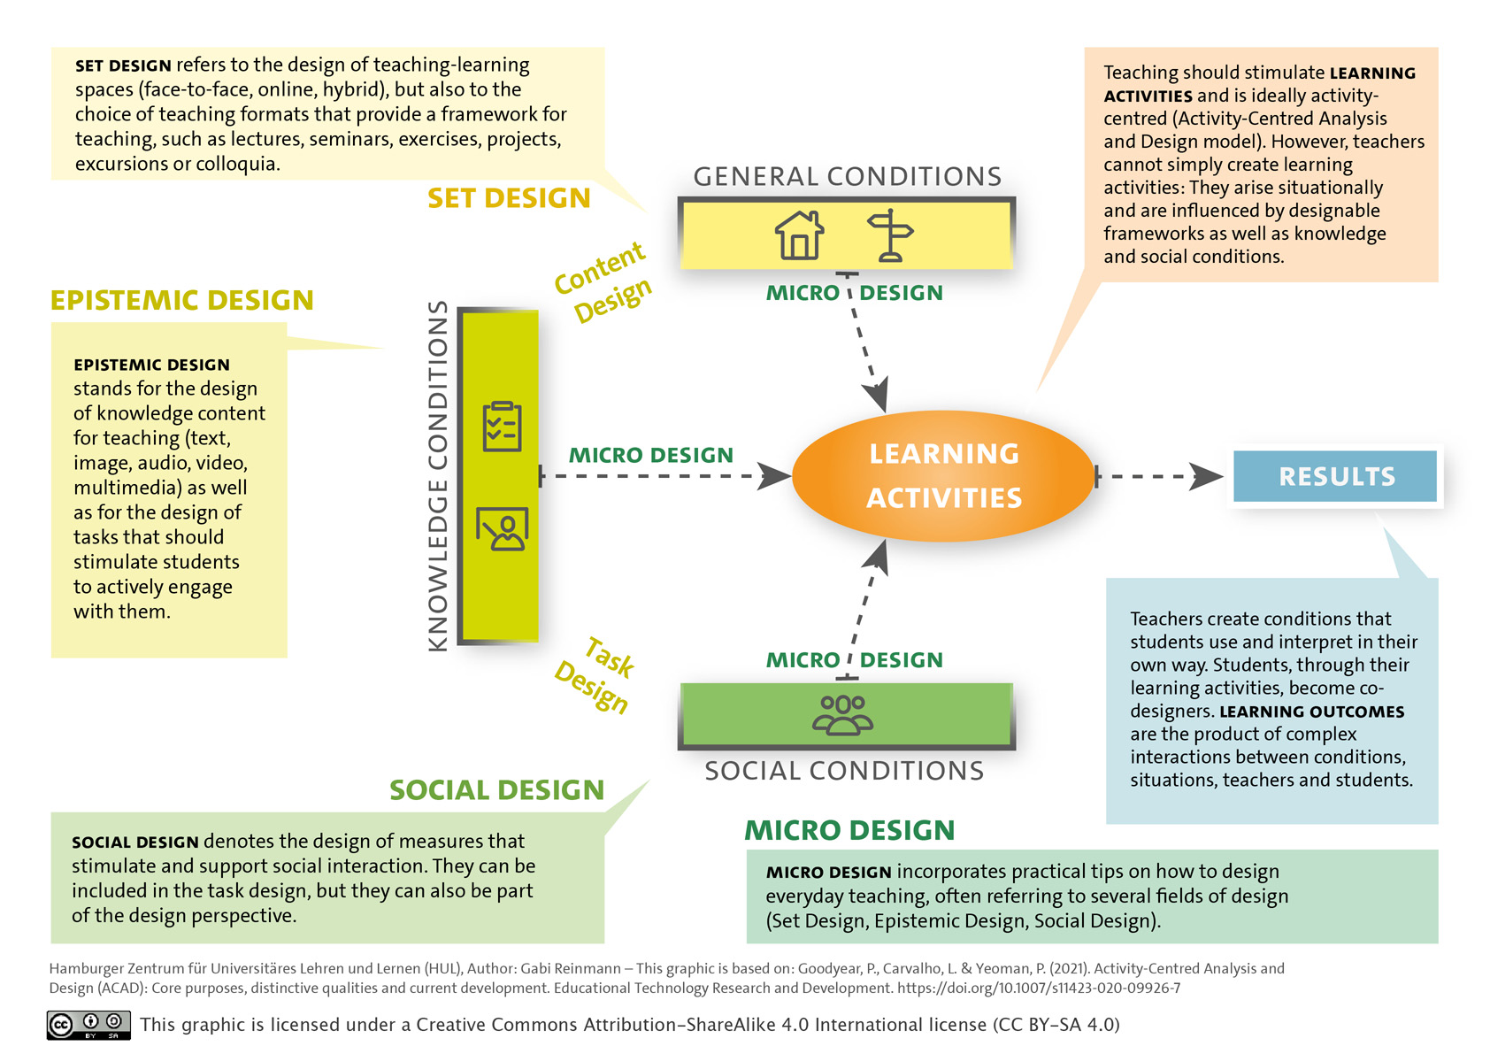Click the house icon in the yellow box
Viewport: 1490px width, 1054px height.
(799, 235)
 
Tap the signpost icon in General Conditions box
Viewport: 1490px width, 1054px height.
(890, 235)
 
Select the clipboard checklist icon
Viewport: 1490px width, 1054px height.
(503, 427)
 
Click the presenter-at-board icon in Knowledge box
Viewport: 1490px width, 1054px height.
(503, 529)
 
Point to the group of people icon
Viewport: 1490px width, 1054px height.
(843, 715)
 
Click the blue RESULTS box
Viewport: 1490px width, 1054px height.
(1335, 476)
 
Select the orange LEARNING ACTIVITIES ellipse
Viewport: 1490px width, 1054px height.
(943, 476)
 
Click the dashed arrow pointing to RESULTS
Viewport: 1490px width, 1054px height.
(1159, 476)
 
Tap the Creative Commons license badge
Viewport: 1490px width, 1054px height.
(88, 1025)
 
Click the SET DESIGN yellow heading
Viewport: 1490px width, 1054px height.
(509, 198)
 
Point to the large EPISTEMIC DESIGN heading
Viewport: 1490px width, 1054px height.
(181, 300)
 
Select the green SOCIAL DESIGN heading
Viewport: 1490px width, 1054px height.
(497, 789)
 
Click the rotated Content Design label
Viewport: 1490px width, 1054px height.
(603, 282)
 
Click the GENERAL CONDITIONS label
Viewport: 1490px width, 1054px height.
(848, 176)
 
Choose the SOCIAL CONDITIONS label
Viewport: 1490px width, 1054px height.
(844, 771)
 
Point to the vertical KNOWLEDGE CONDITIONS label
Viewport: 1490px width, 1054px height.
(438, 476)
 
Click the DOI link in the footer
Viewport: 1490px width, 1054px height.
(1039, 989)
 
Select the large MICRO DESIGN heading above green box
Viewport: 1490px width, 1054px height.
(849, 830)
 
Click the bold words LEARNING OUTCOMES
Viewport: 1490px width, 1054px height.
(1312, 712)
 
